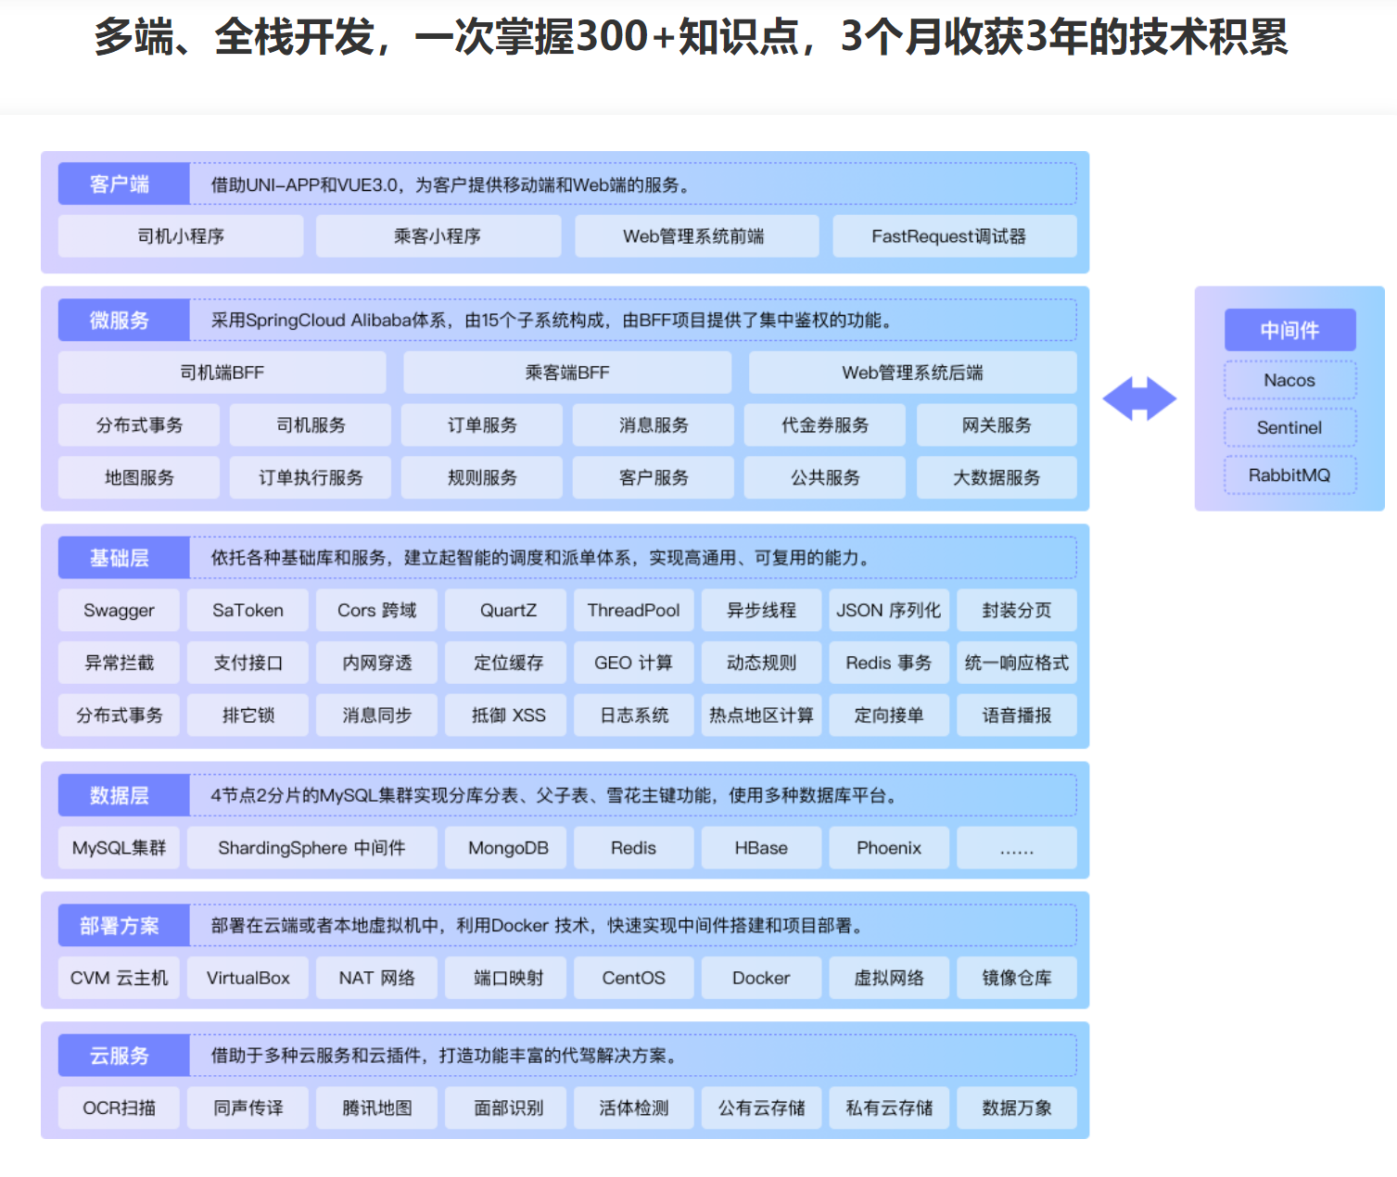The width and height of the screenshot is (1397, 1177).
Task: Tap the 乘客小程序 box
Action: pyautogui.click(x=438, y=236)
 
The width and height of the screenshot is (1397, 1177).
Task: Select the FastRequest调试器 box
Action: pyautogui.click(x=955, y=236)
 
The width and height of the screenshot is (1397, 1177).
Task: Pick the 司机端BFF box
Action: pyautogui.click(x=222, y=373)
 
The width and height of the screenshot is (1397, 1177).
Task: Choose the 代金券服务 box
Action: pyautogui.click(x=825, y=424)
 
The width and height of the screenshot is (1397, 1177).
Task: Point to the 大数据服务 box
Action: pyautogui.click(x=997, y=478)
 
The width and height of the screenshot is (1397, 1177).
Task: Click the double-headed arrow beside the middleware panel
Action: pyautogui.click(x=1139, y=399)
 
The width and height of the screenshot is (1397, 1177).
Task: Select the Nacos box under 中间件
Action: pyautogui.click(x=1290, y=380)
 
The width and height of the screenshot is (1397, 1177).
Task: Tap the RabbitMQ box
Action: pyautogui.click(x=1290, y=475)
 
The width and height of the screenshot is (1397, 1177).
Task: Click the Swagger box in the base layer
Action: pyautogui.click(x=119, y=610)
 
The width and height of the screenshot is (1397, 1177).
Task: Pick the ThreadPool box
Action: pyautogui.click(x=633, y=610)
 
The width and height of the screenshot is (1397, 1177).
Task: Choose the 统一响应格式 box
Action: pyautogui.click(x=1017, y=663)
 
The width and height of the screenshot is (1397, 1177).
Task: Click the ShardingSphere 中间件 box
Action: pyautogui.click(x=311, y=848)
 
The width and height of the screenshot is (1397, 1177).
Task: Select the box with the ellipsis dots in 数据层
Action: pyautogui.click(x=1017, y=848)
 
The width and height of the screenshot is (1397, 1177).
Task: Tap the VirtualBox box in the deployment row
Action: pyautogui.click(x=248, y=978)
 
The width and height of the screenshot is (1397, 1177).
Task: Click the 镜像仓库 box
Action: pyautogui.click(x=1017, y=978)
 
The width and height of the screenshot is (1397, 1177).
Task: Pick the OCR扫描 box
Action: pyautogui.click(x=119, y=1108)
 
